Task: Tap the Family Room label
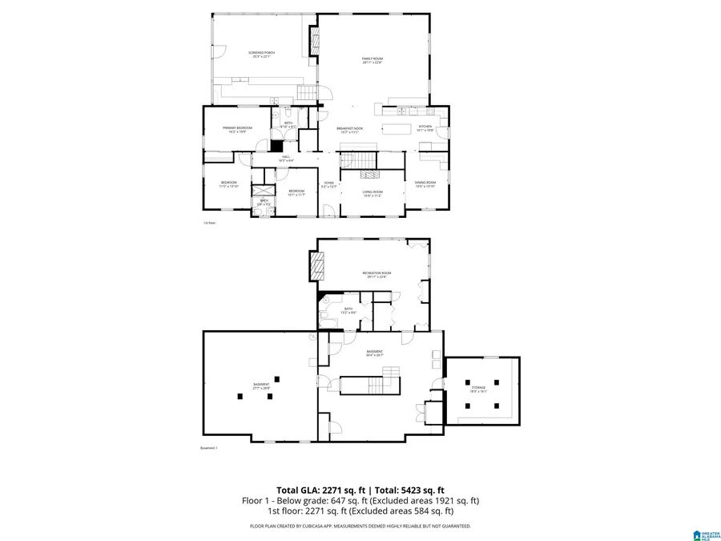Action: coord(372,60)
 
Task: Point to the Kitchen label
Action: coord(425,127)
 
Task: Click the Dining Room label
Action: coord(425,184)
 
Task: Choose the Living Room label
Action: coord(373,192)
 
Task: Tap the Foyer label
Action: coord(328,184)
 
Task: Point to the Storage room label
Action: coord(478,389)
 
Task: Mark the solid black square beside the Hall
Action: coord(277,146)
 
